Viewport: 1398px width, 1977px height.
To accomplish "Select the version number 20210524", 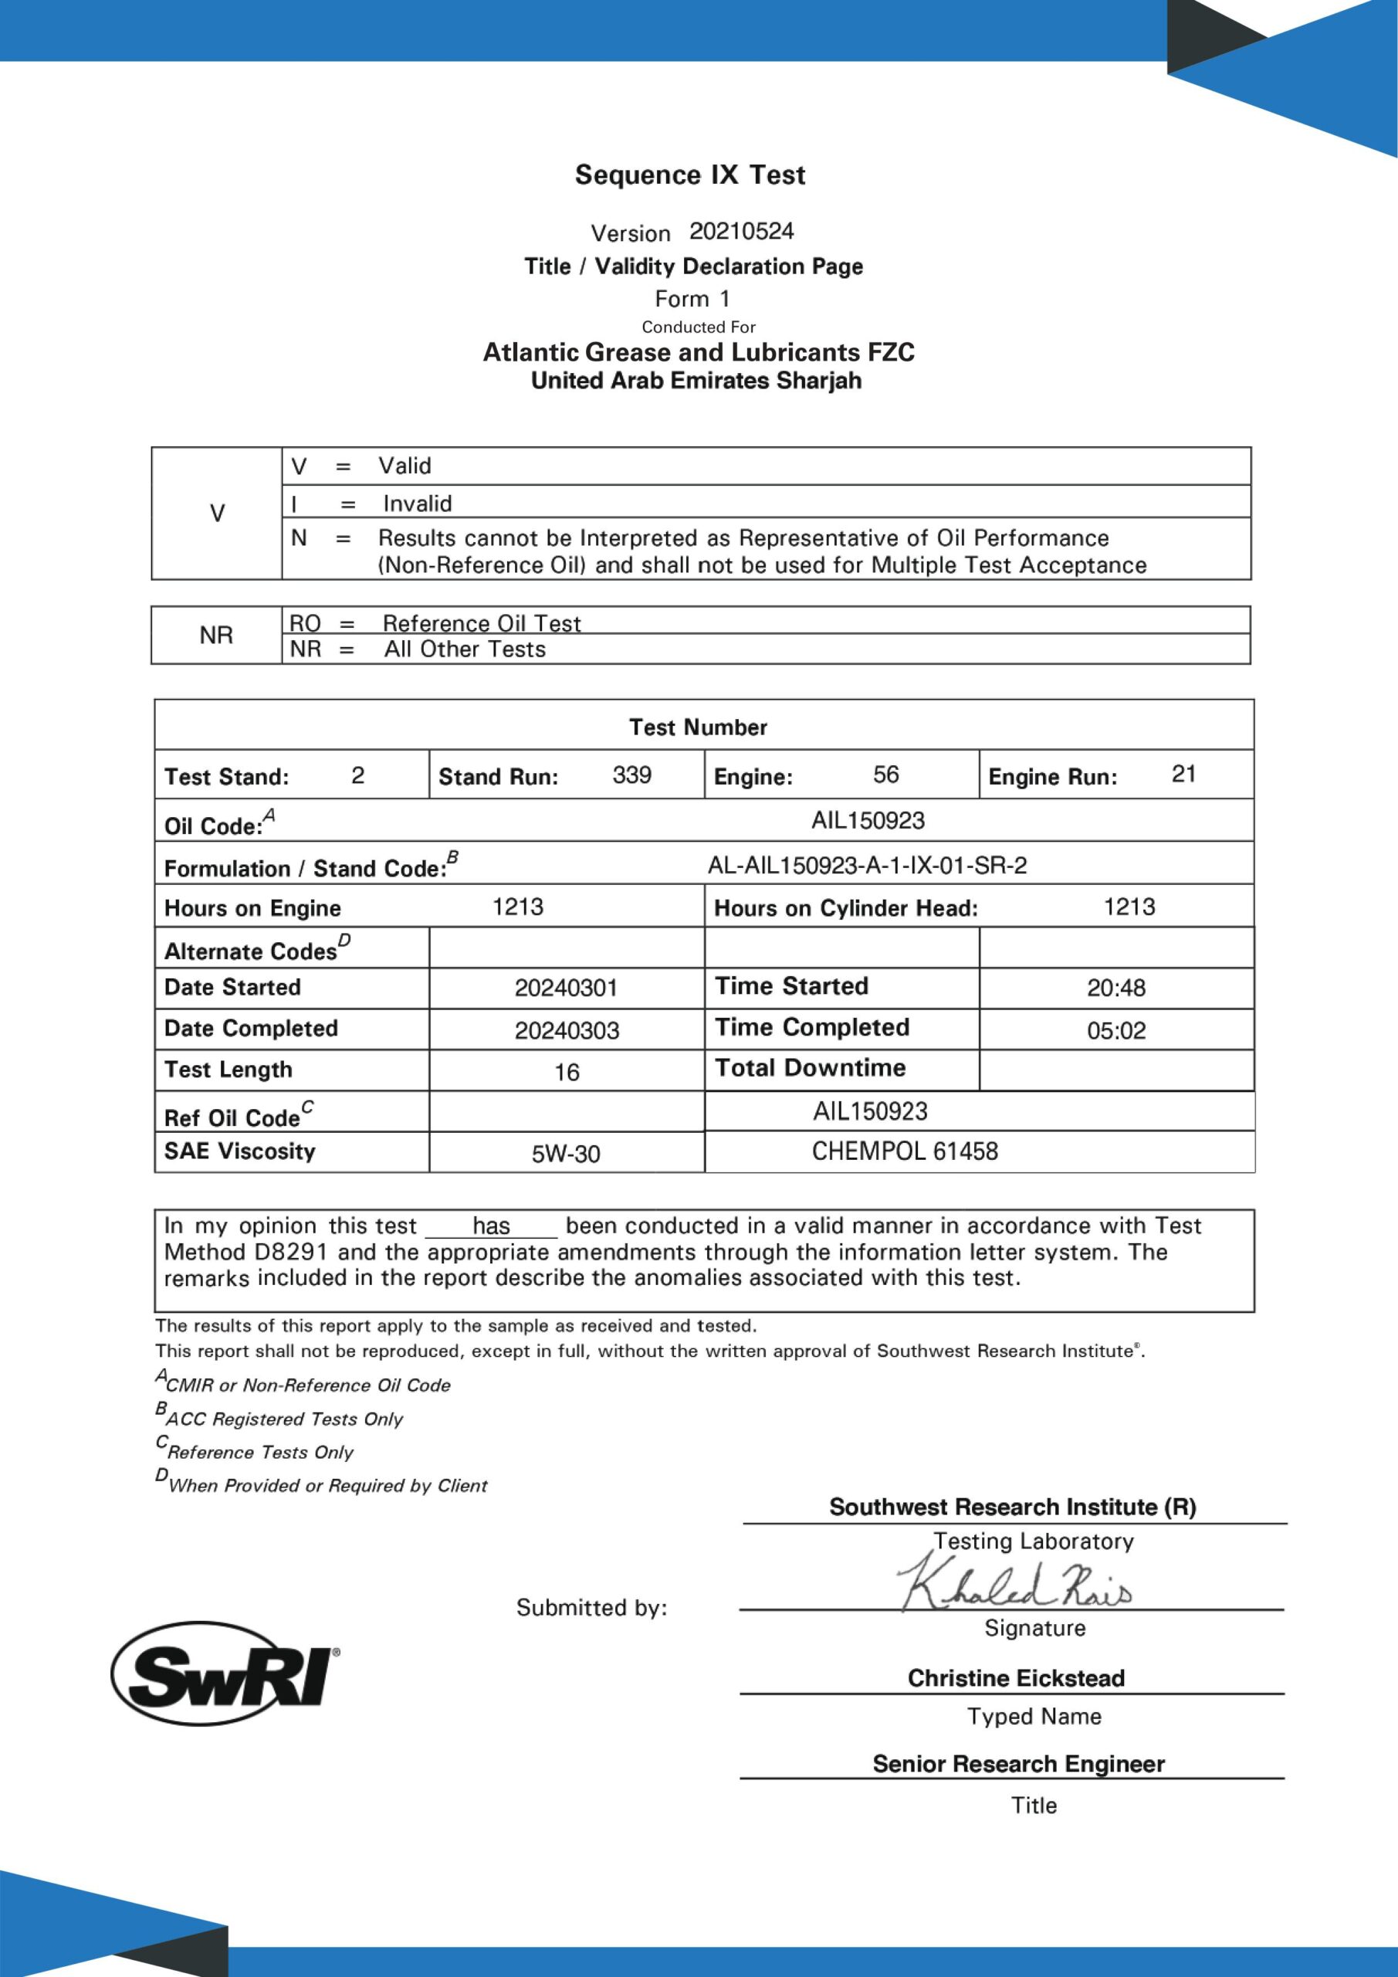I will [741, 231].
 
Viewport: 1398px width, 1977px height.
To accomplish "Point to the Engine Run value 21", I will [1183, 774].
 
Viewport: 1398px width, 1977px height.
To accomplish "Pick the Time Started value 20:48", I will [1115, 988].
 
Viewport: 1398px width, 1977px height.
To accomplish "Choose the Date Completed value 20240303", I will [567, 1031].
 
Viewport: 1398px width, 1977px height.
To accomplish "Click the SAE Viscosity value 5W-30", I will [566, 1154].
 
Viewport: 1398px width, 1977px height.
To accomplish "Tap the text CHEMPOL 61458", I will [904, 1151].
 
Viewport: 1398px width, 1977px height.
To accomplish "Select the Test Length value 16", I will [567, 1072].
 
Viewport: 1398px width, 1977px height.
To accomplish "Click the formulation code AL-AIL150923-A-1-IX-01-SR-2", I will [867, 866].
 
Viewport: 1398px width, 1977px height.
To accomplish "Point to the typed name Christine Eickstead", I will [1016, 1678].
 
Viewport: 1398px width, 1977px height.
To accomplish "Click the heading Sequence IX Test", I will [689, 175].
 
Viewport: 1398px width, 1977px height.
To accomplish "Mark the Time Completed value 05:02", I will [1115, 1031].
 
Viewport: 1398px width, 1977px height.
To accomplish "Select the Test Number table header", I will [698, 727].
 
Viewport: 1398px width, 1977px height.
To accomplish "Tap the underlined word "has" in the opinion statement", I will [491, 1226].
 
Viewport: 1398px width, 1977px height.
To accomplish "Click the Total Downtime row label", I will [810, 1069].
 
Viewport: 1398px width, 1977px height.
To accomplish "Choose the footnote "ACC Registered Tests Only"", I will [283, 1418].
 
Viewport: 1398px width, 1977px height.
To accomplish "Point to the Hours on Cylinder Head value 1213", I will [1129, 907].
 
